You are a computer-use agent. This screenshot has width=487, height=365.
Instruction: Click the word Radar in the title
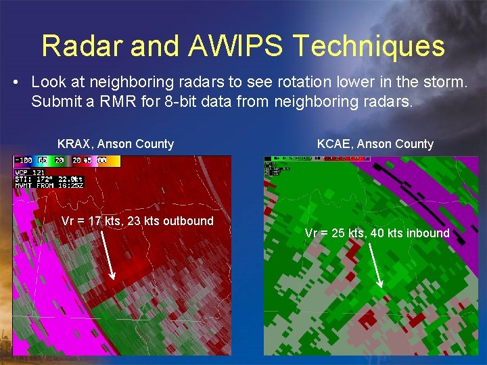point(85,46)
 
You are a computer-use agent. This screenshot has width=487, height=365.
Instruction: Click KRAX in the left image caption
point(75,144)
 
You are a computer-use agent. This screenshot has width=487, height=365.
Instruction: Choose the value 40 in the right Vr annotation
point(378,233)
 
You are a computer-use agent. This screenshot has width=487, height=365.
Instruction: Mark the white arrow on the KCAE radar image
point(378,264)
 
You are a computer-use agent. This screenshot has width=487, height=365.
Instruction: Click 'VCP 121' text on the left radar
point(28,172)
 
